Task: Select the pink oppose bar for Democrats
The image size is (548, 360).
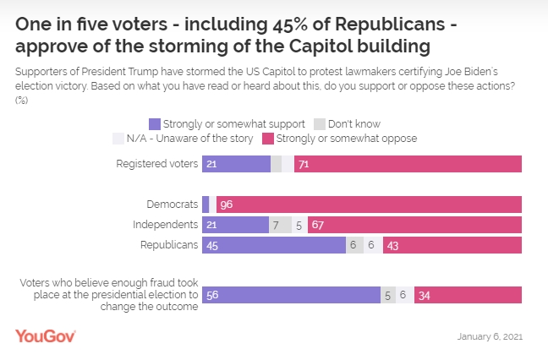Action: coord(369,204)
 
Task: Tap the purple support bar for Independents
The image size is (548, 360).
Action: coord(235,224)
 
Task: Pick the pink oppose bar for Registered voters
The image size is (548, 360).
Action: coord(408,164)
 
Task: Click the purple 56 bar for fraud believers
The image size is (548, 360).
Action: coord(291,295)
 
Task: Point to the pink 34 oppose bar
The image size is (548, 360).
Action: coord(468,295)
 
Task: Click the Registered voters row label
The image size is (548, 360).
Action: coord(156,164)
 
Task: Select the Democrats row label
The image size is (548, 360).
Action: coord(173,204)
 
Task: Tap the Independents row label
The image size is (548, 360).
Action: coord(166,224)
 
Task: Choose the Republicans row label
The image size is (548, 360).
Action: coord(168,244)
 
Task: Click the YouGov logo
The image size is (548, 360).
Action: coord(46,335)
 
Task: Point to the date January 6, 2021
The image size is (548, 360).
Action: coord(490,336)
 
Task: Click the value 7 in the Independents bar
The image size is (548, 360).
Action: coord(276,224)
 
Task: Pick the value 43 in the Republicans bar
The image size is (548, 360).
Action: coord(393,244)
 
